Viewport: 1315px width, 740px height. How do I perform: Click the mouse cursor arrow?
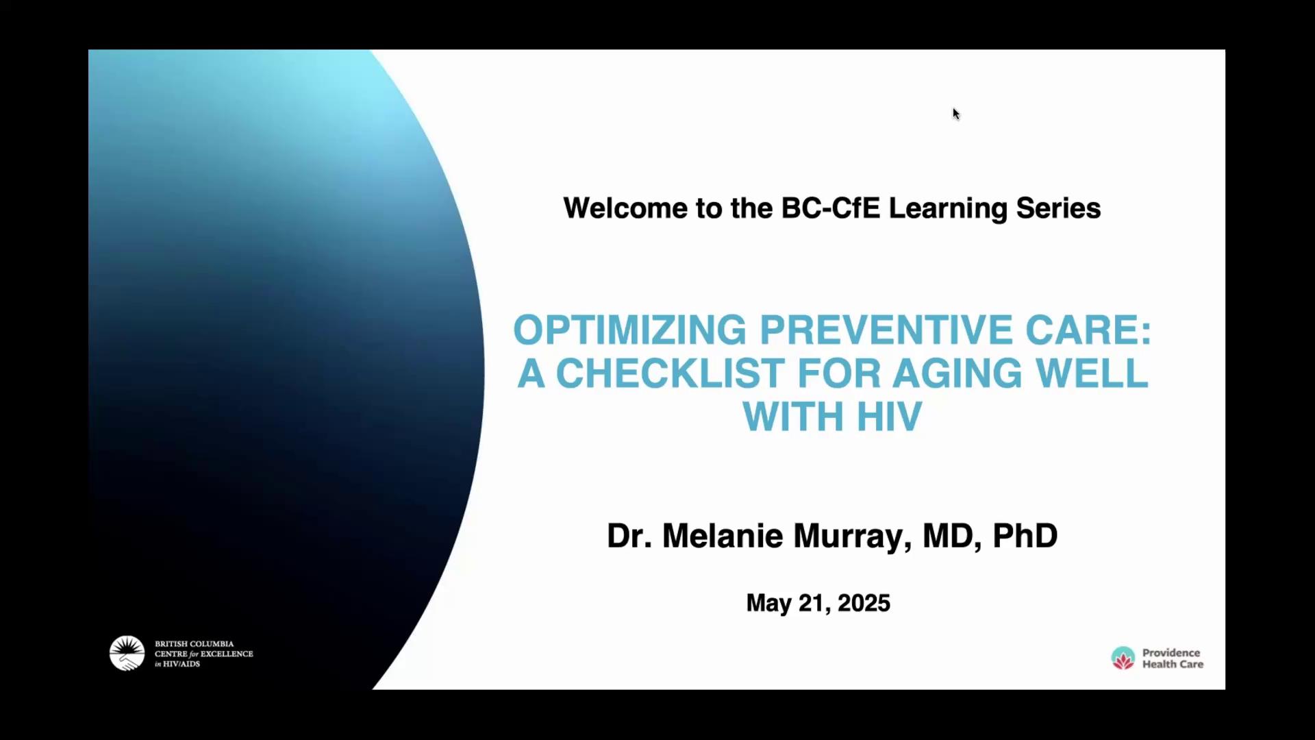(956, 114)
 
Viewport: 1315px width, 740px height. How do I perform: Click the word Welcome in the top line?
(625, 208)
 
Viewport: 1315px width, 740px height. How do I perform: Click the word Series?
(1058, 208)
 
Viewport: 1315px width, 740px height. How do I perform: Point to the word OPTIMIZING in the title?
(630, 330)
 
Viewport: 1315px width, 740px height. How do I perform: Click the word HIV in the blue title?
(890, 417)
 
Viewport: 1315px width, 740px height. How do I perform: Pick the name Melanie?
(723, 535)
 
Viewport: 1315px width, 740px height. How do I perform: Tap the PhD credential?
(1025, 535)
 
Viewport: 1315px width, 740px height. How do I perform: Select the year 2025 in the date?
(864, 603)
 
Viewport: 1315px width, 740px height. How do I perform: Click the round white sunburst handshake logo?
(127, 653)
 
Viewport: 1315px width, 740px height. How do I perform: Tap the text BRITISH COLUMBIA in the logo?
(194, 644)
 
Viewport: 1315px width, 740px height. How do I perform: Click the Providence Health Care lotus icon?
(1123, 658)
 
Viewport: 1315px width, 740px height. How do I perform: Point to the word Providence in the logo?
(1171, 653)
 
